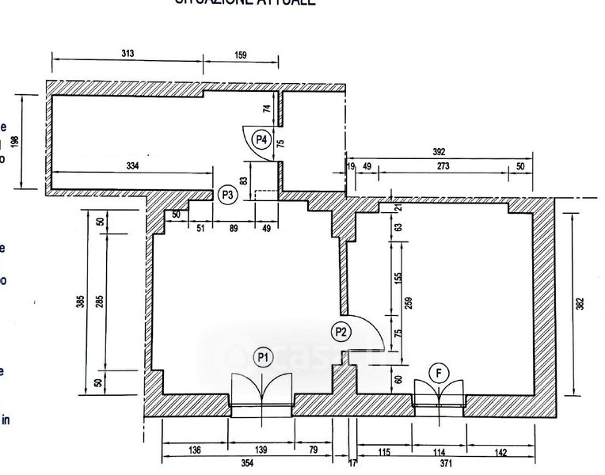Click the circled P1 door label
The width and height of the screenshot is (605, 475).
tap(263, 358)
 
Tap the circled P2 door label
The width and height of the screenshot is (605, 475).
tap(341, 332)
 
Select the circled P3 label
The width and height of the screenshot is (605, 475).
tap(228, 193)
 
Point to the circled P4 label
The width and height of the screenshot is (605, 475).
tap(262, 140)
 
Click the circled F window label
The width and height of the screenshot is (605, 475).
tap(439, 372)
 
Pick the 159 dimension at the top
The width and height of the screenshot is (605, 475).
tap(242, 55)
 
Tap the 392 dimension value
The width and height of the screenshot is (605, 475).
tap(439, 152)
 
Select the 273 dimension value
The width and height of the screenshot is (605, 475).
tap(444, 166)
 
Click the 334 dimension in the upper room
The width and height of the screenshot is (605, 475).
tap(132, 165)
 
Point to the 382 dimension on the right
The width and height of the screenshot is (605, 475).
tap(580, 303)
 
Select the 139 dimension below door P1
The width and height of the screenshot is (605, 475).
tap(261, 450)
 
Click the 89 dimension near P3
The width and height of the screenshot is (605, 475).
tap(233, 229)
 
